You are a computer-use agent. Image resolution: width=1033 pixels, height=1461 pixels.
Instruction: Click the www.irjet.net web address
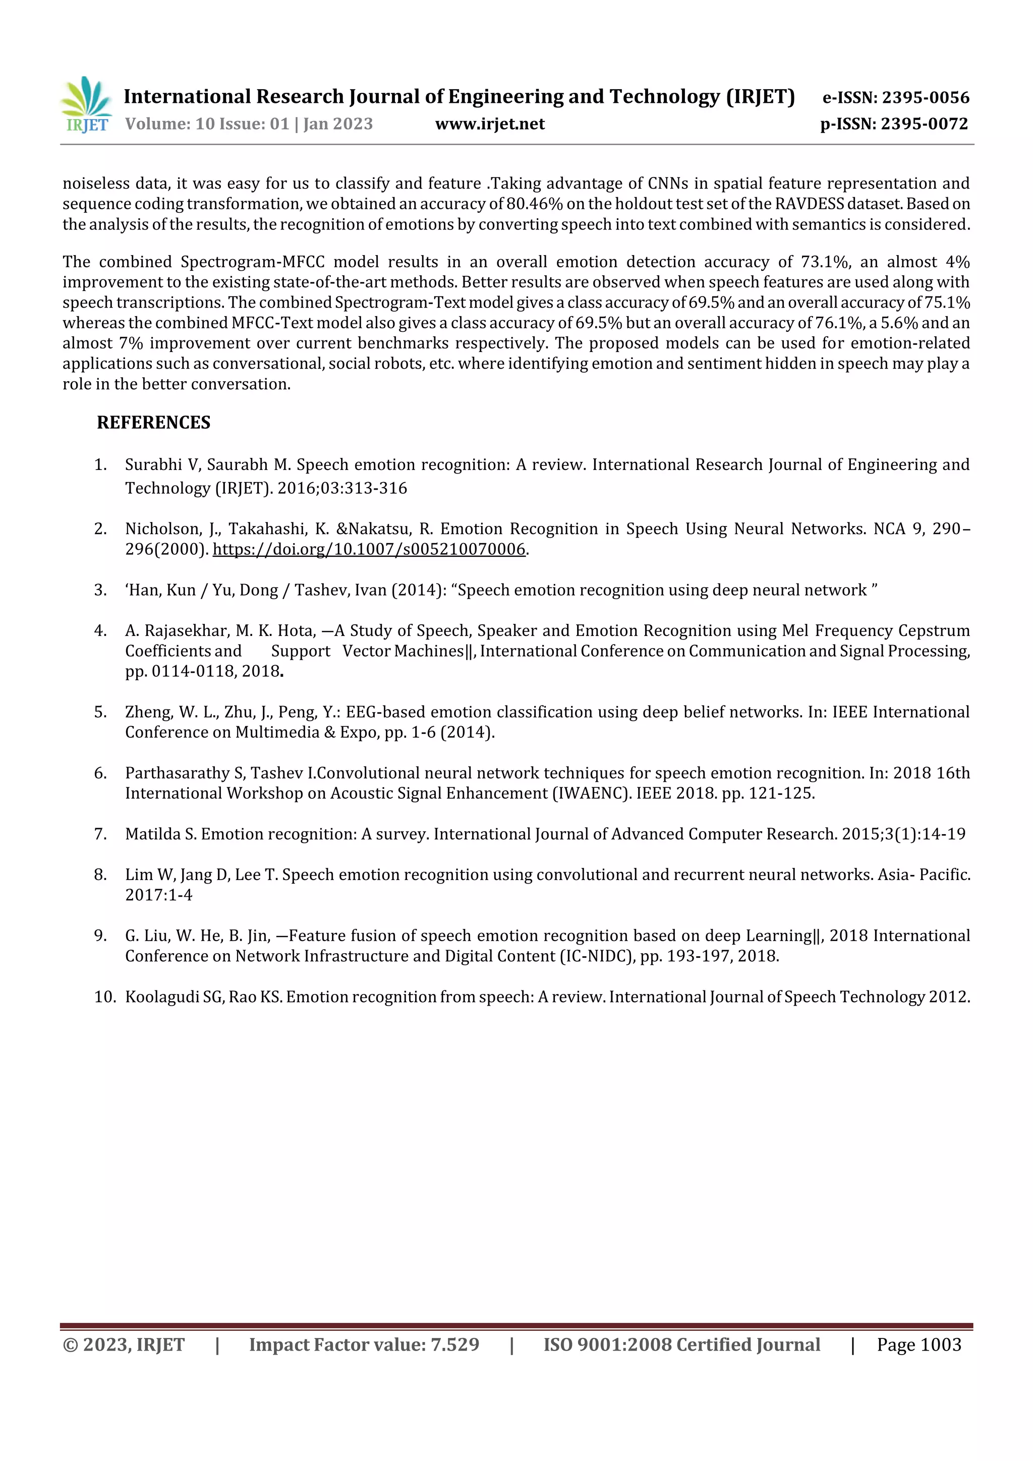(489, 124)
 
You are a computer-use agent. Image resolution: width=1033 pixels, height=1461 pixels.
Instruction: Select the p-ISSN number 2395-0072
(924, 124)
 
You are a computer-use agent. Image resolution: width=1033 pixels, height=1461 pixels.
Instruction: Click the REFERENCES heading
(153, 423)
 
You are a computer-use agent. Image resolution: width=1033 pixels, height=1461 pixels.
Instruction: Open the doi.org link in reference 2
(369, 549)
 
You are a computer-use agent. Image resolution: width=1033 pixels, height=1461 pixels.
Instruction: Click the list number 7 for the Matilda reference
(100, 834)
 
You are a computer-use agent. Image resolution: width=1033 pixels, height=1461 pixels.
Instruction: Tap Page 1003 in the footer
(919, 1345)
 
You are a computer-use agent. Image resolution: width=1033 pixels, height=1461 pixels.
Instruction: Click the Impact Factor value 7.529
(454, 1345)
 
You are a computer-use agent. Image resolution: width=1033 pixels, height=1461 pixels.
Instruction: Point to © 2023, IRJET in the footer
(124, 1345)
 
